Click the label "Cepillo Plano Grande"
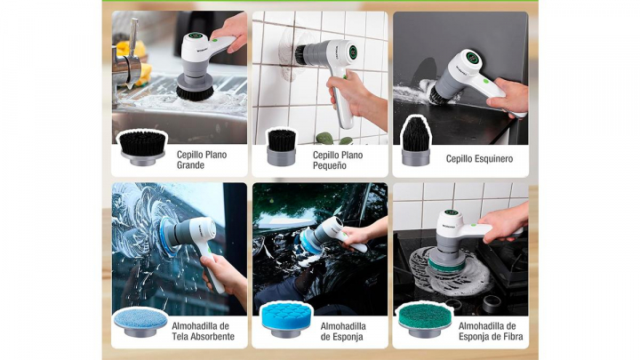(x=202, y=160)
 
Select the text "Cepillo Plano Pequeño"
(x=338, y=160)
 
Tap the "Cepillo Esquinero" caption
(x=479, y=159)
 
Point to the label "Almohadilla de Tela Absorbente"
(x=203, y=332)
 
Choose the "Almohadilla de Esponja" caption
(x=343, y=332)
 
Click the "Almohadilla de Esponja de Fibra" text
(x=491, y=332)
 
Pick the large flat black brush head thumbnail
(x=142, y=148)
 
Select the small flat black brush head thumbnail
(x=281, y=148)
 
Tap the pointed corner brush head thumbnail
(x=415, y=142)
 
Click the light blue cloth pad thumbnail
(x=140, y=321)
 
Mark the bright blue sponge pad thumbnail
(x=286, y=320)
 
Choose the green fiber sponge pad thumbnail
(x=425, y=320)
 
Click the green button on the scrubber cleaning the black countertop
(x=486, y=80)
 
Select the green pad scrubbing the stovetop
(x=445, y=266)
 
